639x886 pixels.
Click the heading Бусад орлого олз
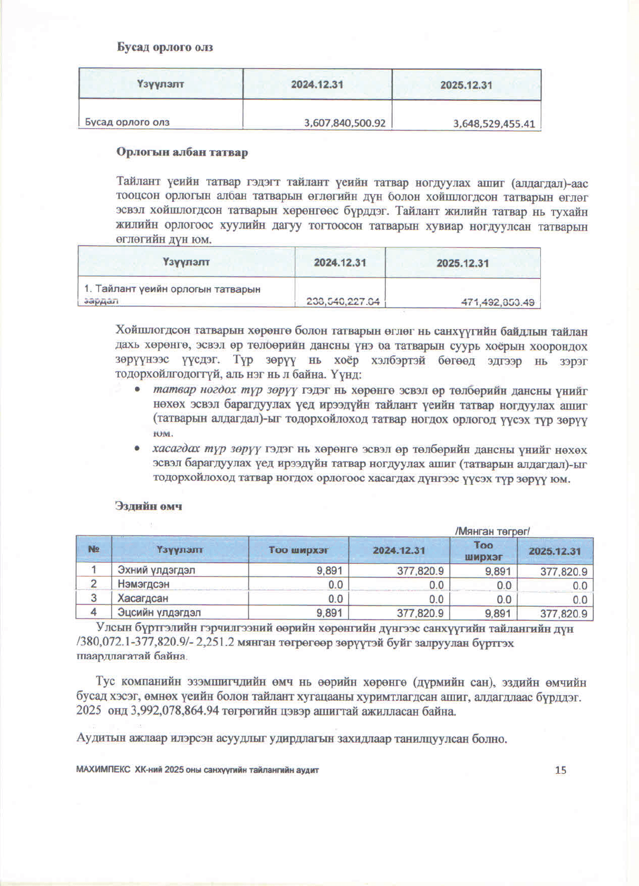165,47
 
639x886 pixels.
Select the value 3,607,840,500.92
345,123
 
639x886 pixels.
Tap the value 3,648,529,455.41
494,124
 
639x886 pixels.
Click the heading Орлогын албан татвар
182,152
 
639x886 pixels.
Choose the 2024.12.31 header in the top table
317,84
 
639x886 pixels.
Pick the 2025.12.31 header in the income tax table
462,263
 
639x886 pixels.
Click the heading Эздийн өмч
149,506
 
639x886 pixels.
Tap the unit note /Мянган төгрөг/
492,531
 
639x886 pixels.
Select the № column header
94,550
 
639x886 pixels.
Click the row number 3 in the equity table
94,599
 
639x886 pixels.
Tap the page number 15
560,770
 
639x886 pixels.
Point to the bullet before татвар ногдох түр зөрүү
137,389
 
